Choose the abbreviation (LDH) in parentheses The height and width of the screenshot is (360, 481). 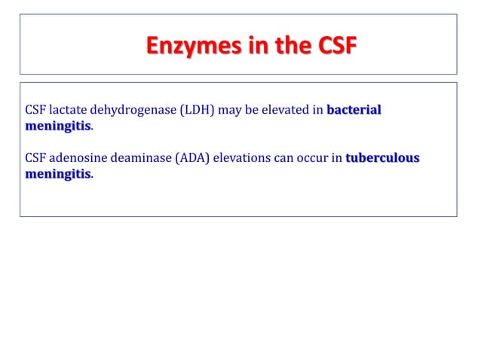194,113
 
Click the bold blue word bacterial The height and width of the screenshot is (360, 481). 354,113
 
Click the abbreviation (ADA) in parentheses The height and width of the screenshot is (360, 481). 194,160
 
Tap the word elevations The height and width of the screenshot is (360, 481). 242,160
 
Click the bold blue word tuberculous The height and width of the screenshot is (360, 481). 382,160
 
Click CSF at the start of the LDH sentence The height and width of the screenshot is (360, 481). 35,113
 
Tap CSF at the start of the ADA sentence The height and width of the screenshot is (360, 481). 35,160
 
